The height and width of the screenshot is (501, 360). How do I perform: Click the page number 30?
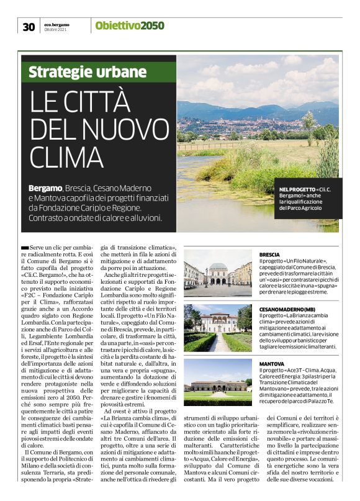[28, 26]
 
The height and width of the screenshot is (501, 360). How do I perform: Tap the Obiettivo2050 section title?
[130, 25]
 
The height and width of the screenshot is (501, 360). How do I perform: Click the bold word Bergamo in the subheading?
[45, 187]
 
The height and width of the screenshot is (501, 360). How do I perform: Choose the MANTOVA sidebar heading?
[272, 363]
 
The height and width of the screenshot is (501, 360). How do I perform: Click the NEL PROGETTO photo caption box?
[308, 197]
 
